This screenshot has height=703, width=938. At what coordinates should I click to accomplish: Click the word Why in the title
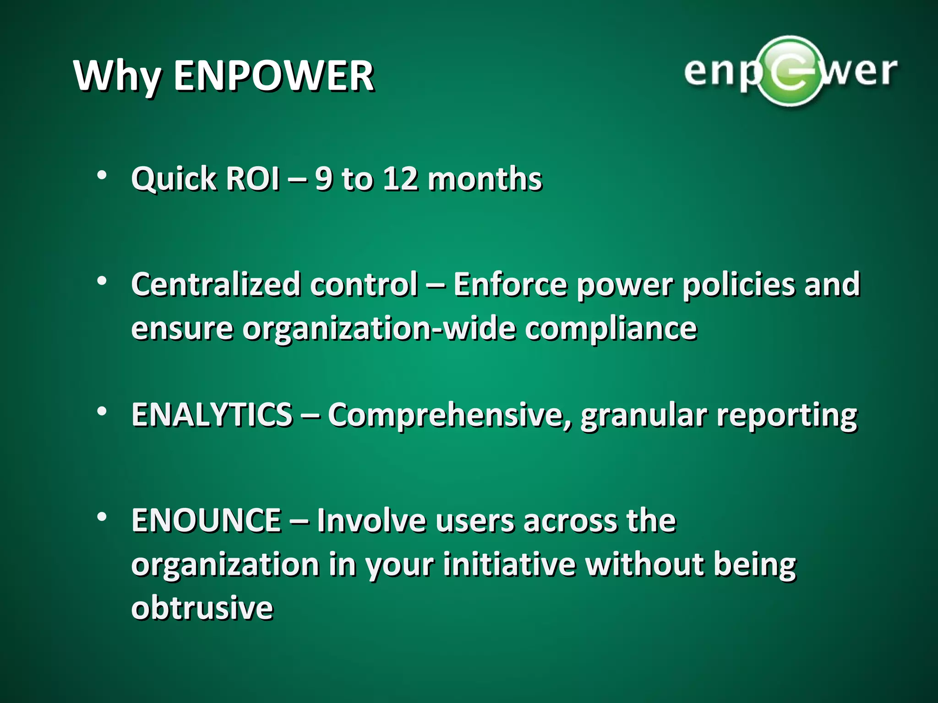click(117, 77)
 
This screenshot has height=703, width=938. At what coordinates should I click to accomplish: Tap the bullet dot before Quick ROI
click(102, 175)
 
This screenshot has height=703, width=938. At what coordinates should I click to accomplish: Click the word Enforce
click(510, 285)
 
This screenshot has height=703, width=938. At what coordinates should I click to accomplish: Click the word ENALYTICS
click(212, 415)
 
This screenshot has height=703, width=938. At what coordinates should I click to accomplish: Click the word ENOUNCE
click(206, 521)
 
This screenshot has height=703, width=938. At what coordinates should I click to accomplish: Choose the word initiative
click(509, 564)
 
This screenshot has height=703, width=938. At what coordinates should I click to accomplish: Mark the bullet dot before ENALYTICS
click(102, 411)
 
